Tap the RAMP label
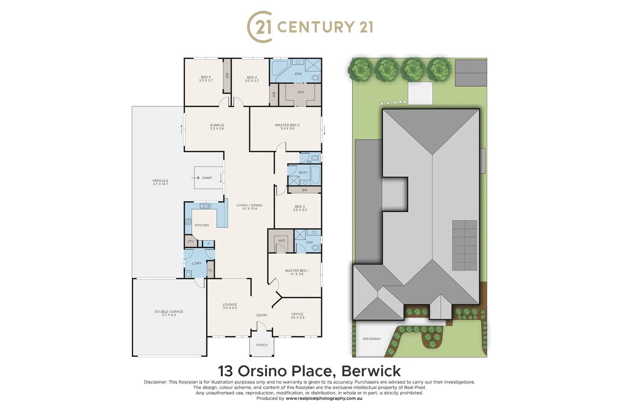click(x=207, y=178)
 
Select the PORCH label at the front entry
click(x=262, y=345)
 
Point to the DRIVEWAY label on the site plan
click(x=372, y=339)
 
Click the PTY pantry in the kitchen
click(x=191, y=242)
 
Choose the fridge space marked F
click(x=209, y=244)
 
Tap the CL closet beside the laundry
click(x=210, y=270)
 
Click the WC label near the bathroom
click(x=309, y=161)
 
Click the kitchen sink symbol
click(x=205, y=206)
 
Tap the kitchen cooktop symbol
click(x=188, y=221)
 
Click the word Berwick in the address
click(x=371, y=371)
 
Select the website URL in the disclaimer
click(x=324, y=398)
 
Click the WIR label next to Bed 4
click(x=300, y=92)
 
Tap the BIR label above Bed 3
click(x=305, y=190)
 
